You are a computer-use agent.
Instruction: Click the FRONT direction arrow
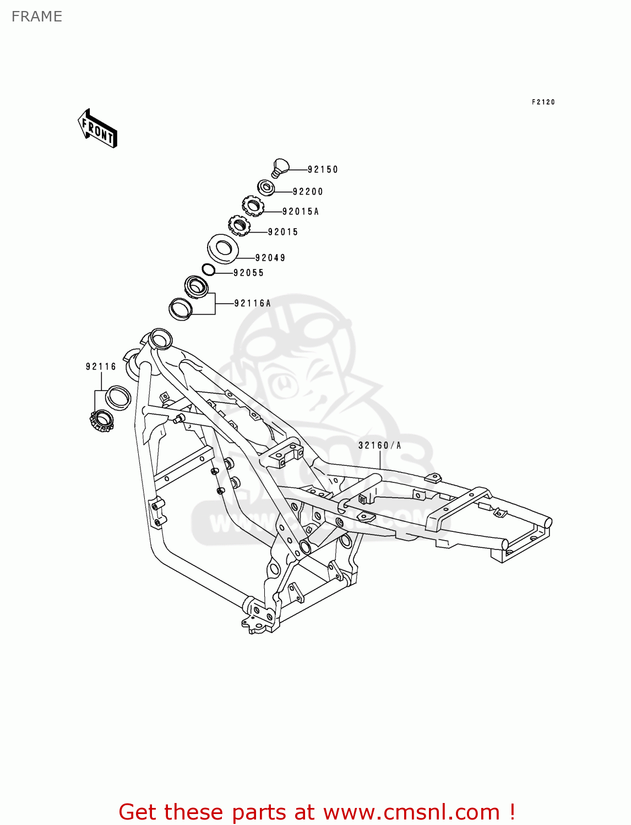[97, 129]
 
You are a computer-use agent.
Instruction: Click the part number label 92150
[323, 169]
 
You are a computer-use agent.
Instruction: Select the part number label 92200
[308, 191]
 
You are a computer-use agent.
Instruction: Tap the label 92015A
[301, 212]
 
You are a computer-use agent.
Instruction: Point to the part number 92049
[270, 258]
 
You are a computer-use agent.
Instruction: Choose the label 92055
[249, 273]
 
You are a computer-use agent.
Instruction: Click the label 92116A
[253, 304]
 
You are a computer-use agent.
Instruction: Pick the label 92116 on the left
[101, 367]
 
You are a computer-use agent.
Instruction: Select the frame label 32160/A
[380, 446]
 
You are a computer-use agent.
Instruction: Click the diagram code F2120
[543, 102]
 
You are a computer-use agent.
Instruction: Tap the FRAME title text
[37, 16]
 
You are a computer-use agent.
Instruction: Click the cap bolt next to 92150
[281, 167]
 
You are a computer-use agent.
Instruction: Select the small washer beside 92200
[266, 188]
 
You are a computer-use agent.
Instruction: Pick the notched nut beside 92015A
[253, 207]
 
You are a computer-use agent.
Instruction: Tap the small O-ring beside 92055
[209, 270]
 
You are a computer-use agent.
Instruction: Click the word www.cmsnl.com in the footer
[411, 812]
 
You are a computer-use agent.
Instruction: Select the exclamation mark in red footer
[512, 812]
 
